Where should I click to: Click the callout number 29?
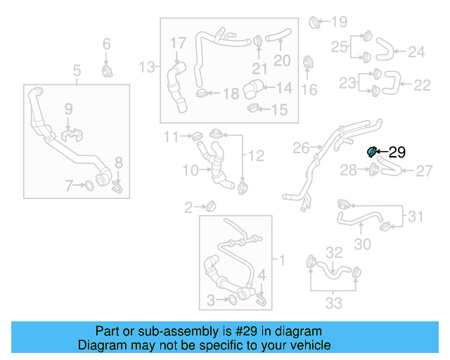coord(397,151)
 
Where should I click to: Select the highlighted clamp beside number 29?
coord(373,150)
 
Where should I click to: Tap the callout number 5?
coord(77,70)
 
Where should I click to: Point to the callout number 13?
coord(146,67)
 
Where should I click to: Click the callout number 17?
coord(178,43)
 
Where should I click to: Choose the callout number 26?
coord(301,148)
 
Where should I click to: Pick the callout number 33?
coord(333,303)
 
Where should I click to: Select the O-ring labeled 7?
coord(90,186)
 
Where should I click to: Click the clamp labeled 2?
coord(210,206)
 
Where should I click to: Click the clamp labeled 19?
coord(314,23)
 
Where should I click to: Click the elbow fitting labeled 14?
coord(253,89)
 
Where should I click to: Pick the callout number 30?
coord(362,244)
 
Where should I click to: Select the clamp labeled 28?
coord(374,169)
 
